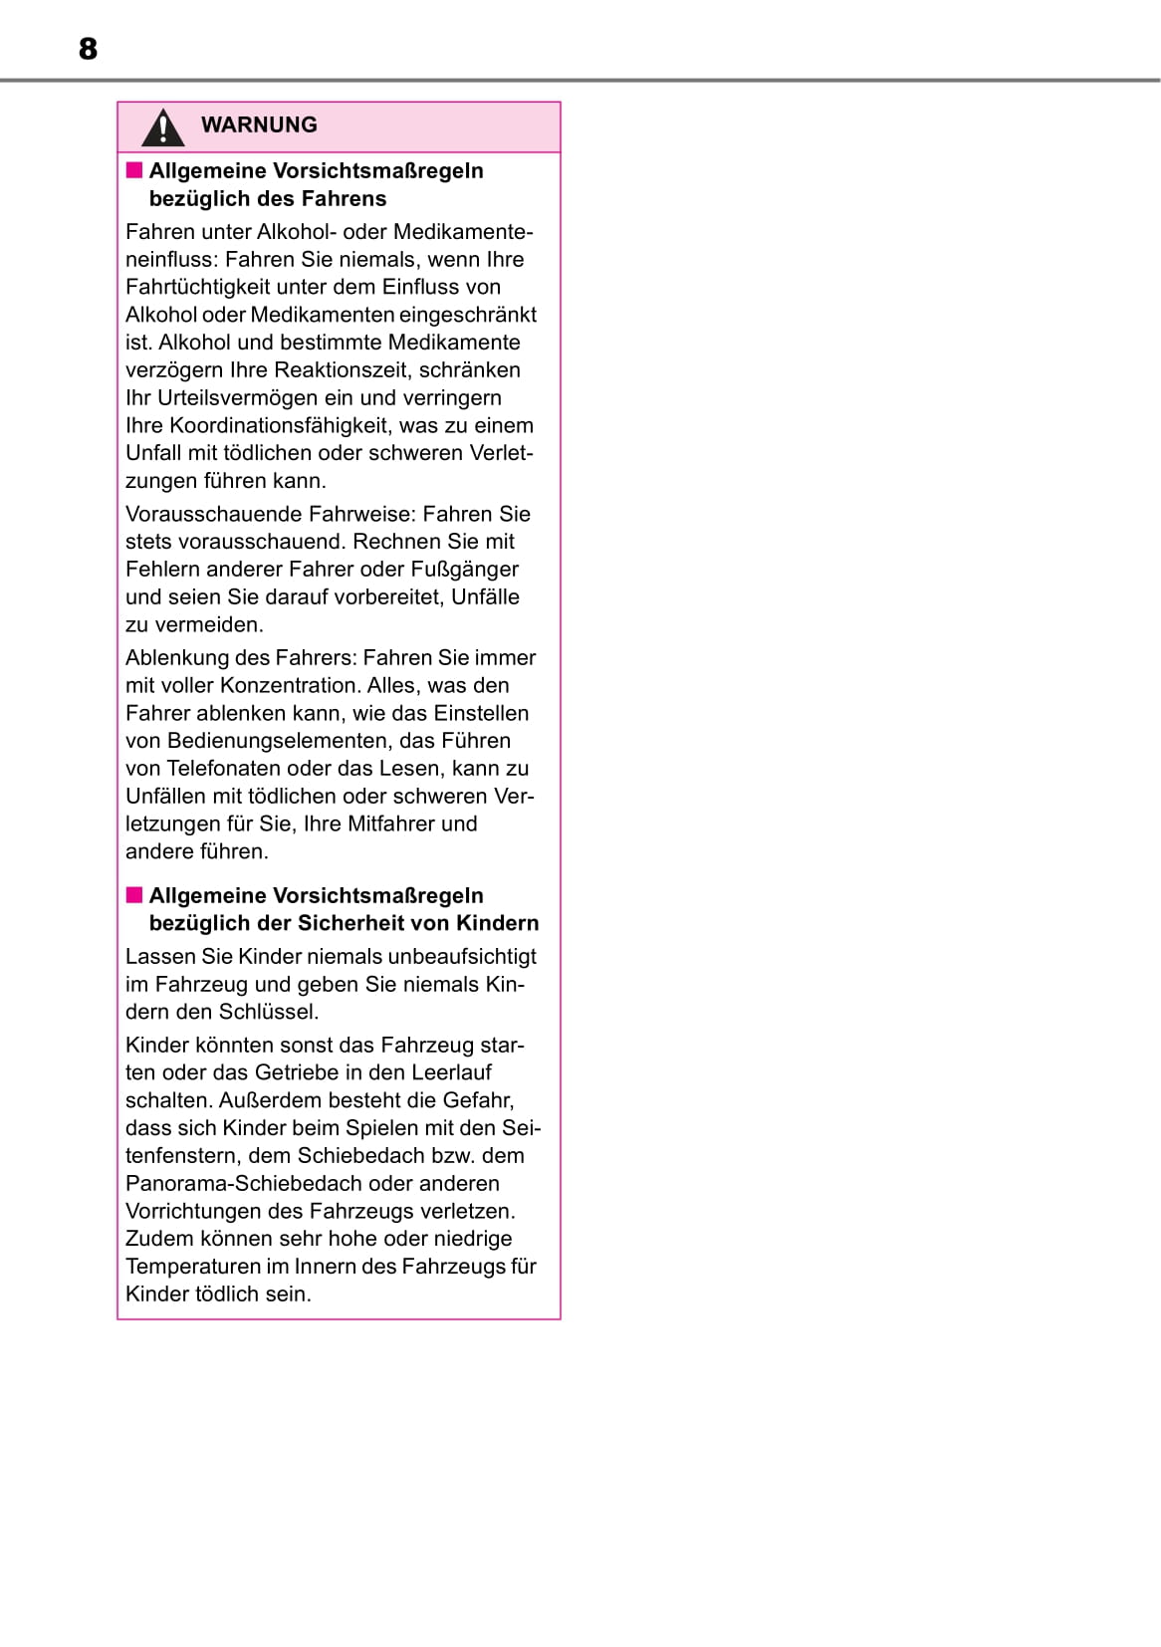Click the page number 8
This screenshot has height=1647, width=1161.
pyautogui.click(x=88, y=49)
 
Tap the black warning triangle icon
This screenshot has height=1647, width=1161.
pyautogui.click(x=162, y=127)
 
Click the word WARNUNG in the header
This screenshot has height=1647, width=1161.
pyautogui.click(x=259, y=125)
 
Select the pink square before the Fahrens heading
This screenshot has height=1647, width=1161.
pyautogui.click(x=134, y=170)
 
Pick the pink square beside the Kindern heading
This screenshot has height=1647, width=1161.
pyautogui.click(x=134, y=895)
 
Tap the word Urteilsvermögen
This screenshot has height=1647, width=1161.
pyautogui.click(x=232, y=397)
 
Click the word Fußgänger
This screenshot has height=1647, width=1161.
pyautogui.click(x=466, y=570)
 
